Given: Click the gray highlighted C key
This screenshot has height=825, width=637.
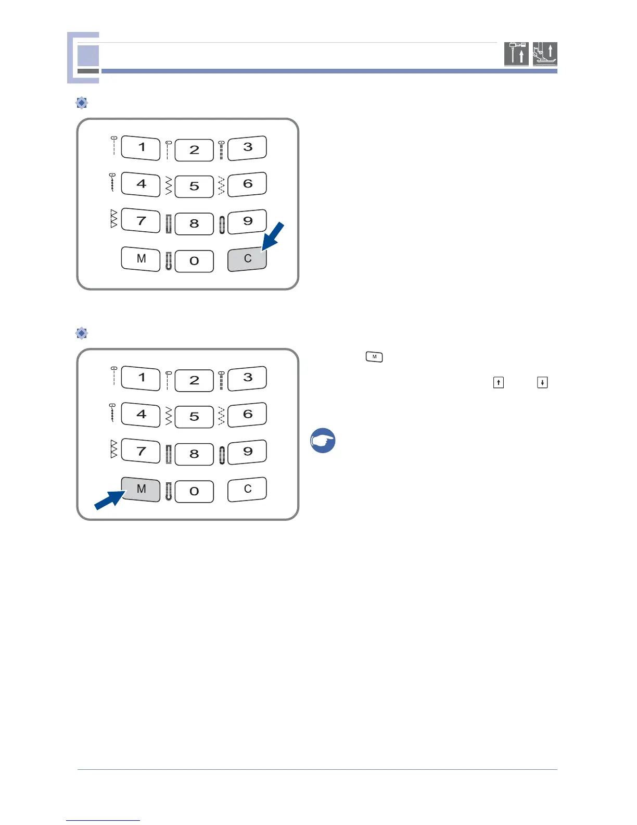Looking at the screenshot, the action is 247,259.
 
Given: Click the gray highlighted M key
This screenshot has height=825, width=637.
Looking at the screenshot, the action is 141,490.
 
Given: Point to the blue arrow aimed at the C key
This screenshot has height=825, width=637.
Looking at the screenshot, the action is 273,236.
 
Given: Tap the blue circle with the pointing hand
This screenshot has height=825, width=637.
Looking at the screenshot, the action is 323,441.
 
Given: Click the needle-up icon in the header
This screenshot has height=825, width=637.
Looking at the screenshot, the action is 516,54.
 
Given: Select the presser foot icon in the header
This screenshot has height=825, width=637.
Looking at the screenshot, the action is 545,54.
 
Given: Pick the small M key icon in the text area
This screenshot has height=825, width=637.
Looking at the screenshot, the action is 374,357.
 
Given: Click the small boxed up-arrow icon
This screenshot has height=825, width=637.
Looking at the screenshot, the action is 499,383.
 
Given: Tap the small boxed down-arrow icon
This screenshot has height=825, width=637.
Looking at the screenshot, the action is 542,383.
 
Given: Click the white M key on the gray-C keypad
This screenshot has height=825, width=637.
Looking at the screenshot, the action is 141,259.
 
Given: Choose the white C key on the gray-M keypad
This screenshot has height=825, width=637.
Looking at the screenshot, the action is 247,490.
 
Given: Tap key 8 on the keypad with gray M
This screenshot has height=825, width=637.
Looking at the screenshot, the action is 194,454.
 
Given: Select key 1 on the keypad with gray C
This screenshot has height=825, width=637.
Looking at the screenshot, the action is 141,147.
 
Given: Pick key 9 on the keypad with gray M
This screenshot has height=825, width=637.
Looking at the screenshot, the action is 247,452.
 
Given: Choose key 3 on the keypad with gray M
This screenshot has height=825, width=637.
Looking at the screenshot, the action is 247,378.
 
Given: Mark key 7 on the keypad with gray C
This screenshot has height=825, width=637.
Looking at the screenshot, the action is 141,221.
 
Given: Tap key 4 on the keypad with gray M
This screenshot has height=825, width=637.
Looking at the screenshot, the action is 141,415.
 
